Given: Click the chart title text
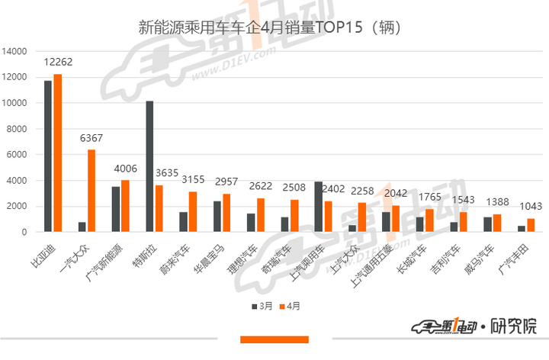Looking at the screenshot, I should [x=270, y=28].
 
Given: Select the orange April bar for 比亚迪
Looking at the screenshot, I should [x=57, y=153].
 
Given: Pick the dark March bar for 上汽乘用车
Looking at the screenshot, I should [x=319, y=207].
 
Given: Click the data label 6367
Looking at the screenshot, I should [x=91, y=139].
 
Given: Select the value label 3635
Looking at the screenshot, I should [x=163, y=175].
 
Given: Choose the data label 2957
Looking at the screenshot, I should [x=227, y=183].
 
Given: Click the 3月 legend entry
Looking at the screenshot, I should [x=262, y=306].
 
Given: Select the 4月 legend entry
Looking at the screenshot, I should [x=290, y=306].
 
